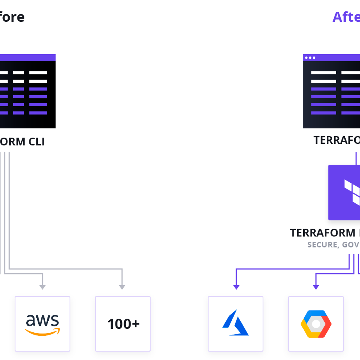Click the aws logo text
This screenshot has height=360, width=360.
click(x=42, y=321)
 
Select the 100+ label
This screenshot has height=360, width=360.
click(x=123, y=324)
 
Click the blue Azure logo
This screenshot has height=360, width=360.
click(x=235, y=323)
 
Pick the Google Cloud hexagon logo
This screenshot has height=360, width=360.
click(x=316, y=324)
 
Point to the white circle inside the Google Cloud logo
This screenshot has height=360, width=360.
click(x=316, y=324)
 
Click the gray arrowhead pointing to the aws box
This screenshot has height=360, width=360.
click(x=43, y=287)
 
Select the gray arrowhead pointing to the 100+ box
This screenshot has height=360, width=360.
click(x=122, y=287)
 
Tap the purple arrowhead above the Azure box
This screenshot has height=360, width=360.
click(x=236, y=287)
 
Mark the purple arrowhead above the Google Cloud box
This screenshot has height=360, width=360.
click(x=316, y=287)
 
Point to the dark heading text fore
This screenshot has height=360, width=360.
click(x=12, y=17)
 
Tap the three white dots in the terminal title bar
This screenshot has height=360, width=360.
click(x=310, y=58)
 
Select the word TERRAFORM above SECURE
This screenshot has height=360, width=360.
click(x=322, y=233)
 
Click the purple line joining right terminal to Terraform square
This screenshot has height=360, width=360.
click(x=356, y=158)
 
